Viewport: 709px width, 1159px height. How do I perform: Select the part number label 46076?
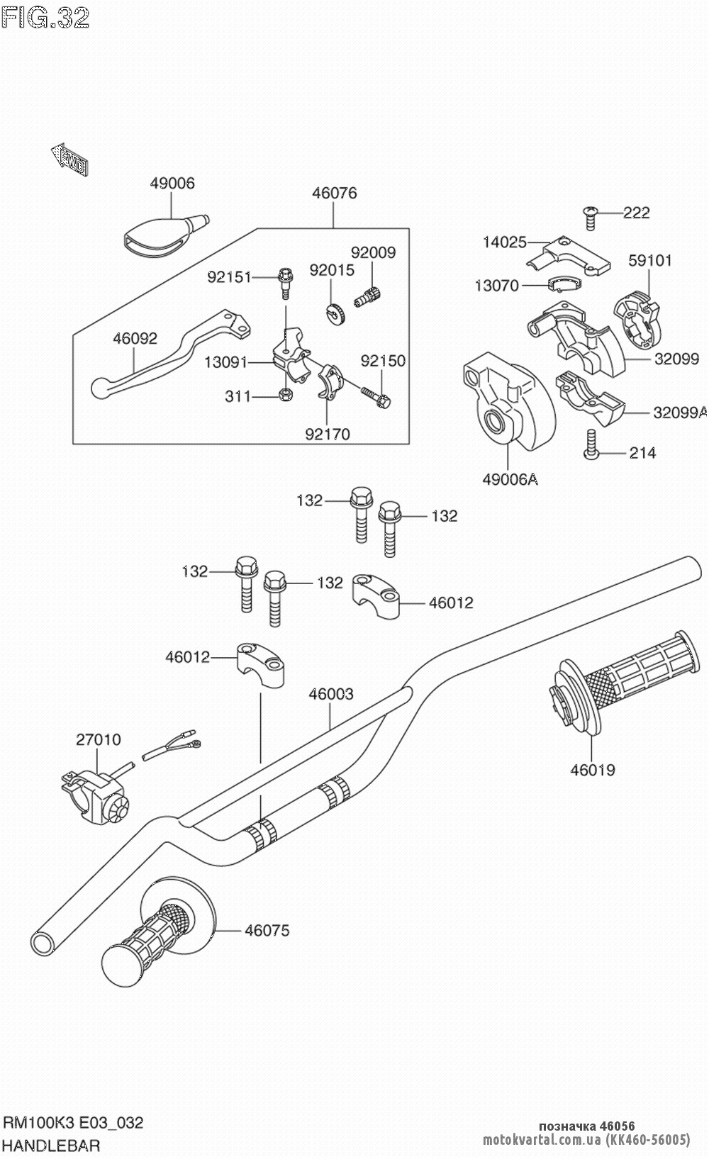pyautogui.click(x=334, y=193)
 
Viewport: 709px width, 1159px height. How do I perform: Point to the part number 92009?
pyautogui.click(x=373, y=252)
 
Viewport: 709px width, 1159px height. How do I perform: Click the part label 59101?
pyautogui.click(x=649, y=260)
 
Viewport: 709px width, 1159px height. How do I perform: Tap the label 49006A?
pyautogui.click(x=510, y=479)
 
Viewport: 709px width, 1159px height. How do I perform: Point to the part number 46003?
pyautogui.click(x=330, y=694)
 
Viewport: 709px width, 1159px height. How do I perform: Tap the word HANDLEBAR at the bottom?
pyautogui.click(x=52, y=1145)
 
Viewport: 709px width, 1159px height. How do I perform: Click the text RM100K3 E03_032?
pyautogui.click(x=74, y=1123)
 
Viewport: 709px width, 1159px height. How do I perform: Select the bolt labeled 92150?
pyautogui.click(x=376, y=396)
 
